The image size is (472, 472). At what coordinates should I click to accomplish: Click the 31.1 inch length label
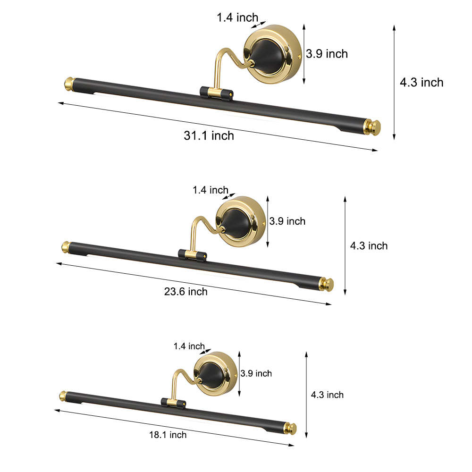209,136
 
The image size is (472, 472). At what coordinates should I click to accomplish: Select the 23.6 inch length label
185,292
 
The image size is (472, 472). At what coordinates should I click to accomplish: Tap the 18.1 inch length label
168,435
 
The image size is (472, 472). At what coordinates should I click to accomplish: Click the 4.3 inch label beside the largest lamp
421,83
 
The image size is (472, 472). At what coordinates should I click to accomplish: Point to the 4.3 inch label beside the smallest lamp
327,395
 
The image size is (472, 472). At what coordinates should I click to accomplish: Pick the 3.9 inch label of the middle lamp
287,221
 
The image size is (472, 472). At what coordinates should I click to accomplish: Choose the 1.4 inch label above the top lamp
237,18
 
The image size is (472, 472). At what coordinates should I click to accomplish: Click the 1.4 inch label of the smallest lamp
189,346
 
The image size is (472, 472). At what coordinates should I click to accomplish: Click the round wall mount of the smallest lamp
216,373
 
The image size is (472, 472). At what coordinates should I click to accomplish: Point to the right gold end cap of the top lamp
373,127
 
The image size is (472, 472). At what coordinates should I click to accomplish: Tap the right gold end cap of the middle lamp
326,284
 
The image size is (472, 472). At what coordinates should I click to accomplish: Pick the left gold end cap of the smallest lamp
61,395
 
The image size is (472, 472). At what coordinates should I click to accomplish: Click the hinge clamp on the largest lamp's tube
216,93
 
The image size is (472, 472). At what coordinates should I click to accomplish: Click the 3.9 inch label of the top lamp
327,54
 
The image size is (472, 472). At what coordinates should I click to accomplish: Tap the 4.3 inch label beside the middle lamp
369,246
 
